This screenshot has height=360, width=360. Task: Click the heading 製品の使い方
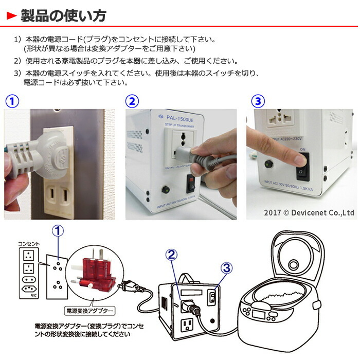tap(63, 15)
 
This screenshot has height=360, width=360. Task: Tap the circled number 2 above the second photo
tap(133, 100)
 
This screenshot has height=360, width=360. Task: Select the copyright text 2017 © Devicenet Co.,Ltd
tap(309, 212)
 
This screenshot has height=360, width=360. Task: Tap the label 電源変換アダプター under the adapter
tap(89, 311)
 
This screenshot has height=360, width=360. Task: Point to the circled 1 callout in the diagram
tap(59, 232)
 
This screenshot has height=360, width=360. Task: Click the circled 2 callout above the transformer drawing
tap(172, 254)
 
